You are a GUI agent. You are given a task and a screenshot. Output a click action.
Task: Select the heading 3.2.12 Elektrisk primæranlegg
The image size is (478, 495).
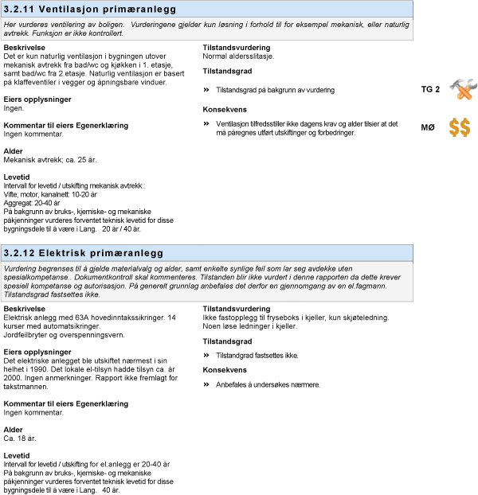click(83, 253)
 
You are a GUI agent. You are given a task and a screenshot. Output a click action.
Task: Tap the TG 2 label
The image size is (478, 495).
click(430, 89)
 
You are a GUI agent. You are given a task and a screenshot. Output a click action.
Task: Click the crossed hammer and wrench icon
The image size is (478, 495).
click(462, 89)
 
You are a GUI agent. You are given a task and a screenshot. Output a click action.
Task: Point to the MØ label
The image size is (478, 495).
click(429, 127)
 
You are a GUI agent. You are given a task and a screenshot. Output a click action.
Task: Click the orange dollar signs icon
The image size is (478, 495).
click(460, 127)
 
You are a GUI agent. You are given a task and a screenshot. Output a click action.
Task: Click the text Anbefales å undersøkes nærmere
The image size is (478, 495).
click(268, 384)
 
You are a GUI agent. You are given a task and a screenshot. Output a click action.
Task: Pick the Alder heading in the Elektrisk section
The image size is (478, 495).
click(14, 430)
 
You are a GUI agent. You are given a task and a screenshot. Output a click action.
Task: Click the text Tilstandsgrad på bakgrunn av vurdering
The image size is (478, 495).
click(275, 90)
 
